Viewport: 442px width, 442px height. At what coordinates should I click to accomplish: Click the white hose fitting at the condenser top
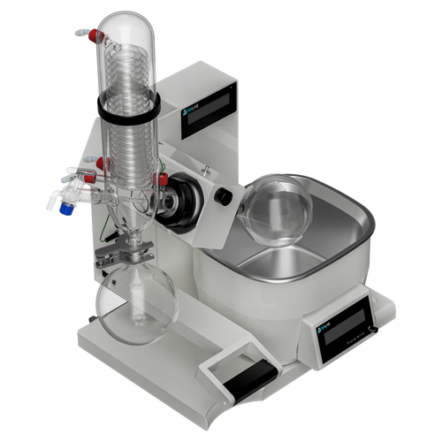pyautogui.click(x=81, y=34)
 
